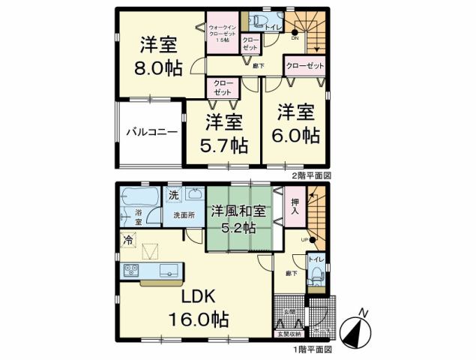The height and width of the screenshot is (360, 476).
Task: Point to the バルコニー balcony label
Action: pyautogui.click(x=151, y=131)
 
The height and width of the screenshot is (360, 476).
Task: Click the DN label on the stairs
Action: pyautogui.click(x=295, y=37)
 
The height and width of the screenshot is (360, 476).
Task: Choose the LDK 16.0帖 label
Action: pyautogui.click(x=196, y=307)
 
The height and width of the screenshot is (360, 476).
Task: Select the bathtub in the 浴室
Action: pyautogui.click(x=138, y=199)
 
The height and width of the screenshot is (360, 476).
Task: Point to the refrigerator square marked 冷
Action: pyautogui.click(x=128, y=241)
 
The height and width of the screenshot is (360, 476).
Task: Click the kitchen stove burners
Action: pyautogui.click(x=130, y=270)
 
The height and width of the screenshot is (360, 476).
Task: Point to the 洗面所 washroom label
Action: pyautogui.click(x=183, y=215)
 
